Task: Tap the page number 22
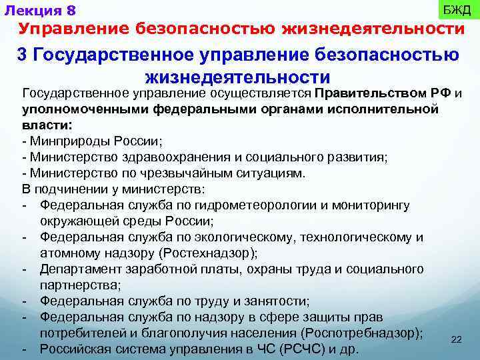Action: pos(457,340)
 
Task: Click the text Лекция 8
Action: pos(41,11)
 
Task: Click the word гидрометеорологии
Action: pos(249,205)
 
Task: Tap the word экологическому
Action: pos(249,237)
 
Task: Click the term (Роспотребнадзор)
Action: pos(361,333)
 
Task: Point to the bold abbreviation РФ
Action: pos(441,93)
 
